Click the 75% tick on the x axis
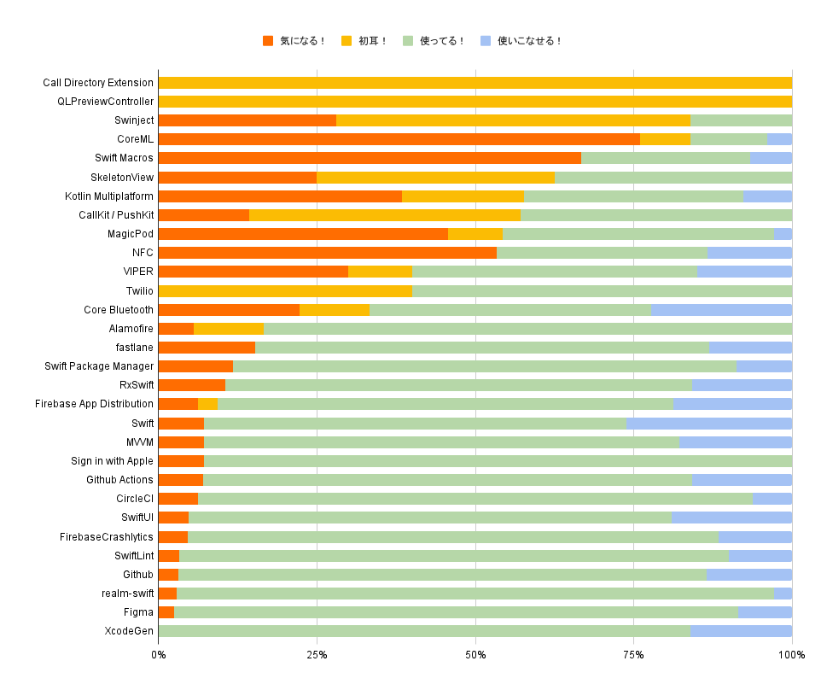633,654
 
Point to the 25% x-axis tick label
317,654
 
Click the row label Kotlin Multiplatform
109,196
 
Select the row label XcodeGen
129,631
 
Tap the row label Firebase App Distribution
95,404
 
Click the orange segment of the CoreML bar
399,139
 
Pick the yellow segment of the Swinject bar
513,120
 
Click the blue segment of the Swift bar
708,424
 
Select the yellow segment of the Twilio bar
285,291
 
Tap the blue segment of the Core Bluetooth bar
721,310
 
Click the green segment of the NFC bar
602,253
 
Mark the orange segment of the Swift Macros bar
370,158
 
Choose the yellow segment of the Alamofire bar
229,329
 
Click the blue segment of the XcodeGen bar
741,631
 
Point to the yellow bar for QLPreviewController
475,102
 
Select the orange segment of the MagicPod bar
303,234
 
